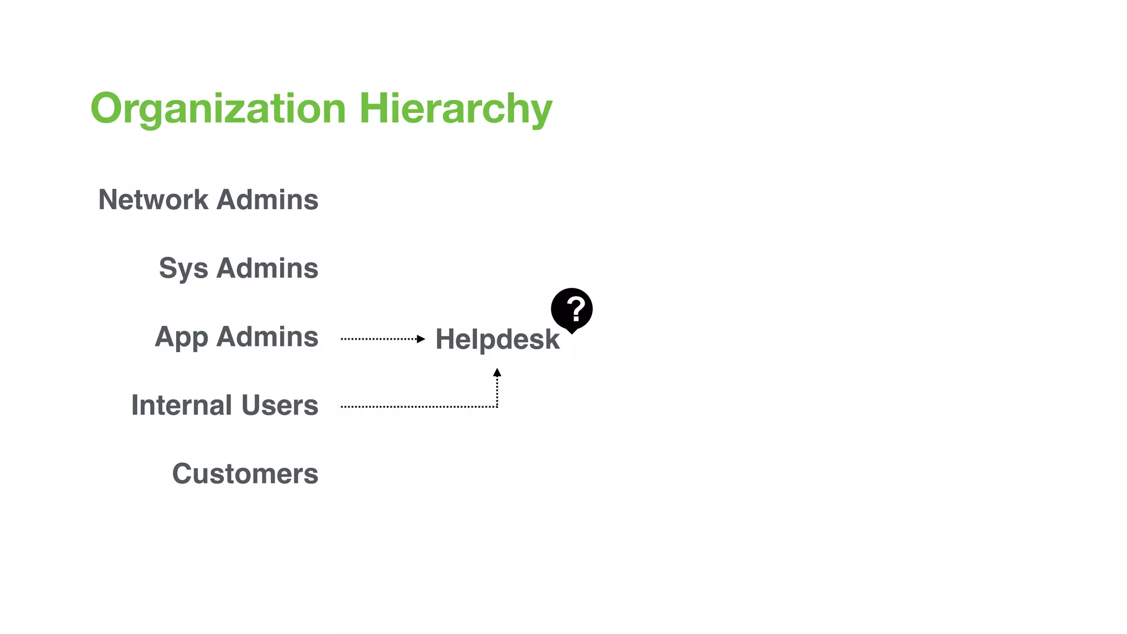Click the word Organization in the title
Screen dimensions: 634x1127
pyautogui.click(x=218, y=108)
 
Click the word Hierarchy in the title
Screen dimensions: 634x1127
pyautogui.click(x=456, y=108)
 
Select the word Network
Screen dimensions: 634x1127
pyautogui.click(x=154, y=199)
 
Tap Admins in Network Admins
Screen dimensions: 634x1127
pyautogui.click(x=267, y=199)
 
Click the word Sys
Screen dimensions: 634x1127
pyautogui.click(x=183, y=269)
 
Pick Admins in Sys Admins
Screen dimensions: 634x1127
pyautogui.click(x=267, y=268)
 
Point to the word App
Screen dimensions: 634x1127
pyautogui.click(x=181, y=337)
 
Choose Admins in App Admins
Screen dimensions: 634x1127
pyautogui.click(x=267, y=336)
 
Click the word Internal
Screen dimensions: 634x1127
pyautogui.click(x=182, y=405)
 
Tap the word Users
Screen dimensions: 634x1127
pyautogui.click(x=280, y=405)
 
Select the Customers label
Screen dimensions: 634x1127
pyautogui.click(x=245, y=474)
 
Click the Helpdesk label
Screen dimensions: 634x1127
pyautogui.click(x=497, y=339)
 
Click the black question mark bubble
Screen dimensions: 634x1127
pyautogui.click(x=572, y=309)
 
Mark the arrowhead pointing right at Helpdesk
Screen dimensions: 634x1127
pyautogui.click(x=421, y=339)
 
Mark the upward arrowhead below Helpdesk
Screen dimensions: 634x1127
pyautogui.click(x=497, y=373)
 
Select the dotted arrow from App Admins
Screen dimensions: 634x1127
pyautogui.click(x=380, y=339)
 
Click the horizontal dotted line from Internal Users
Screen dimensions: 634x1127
pyautogui.click(x=418, y=407)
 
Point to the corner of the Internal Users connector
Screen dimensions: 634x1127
pyautogui.click(x=497, y=407)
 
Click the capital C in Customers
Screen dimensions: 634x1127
pyautogui.click(x=182, y=474)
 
